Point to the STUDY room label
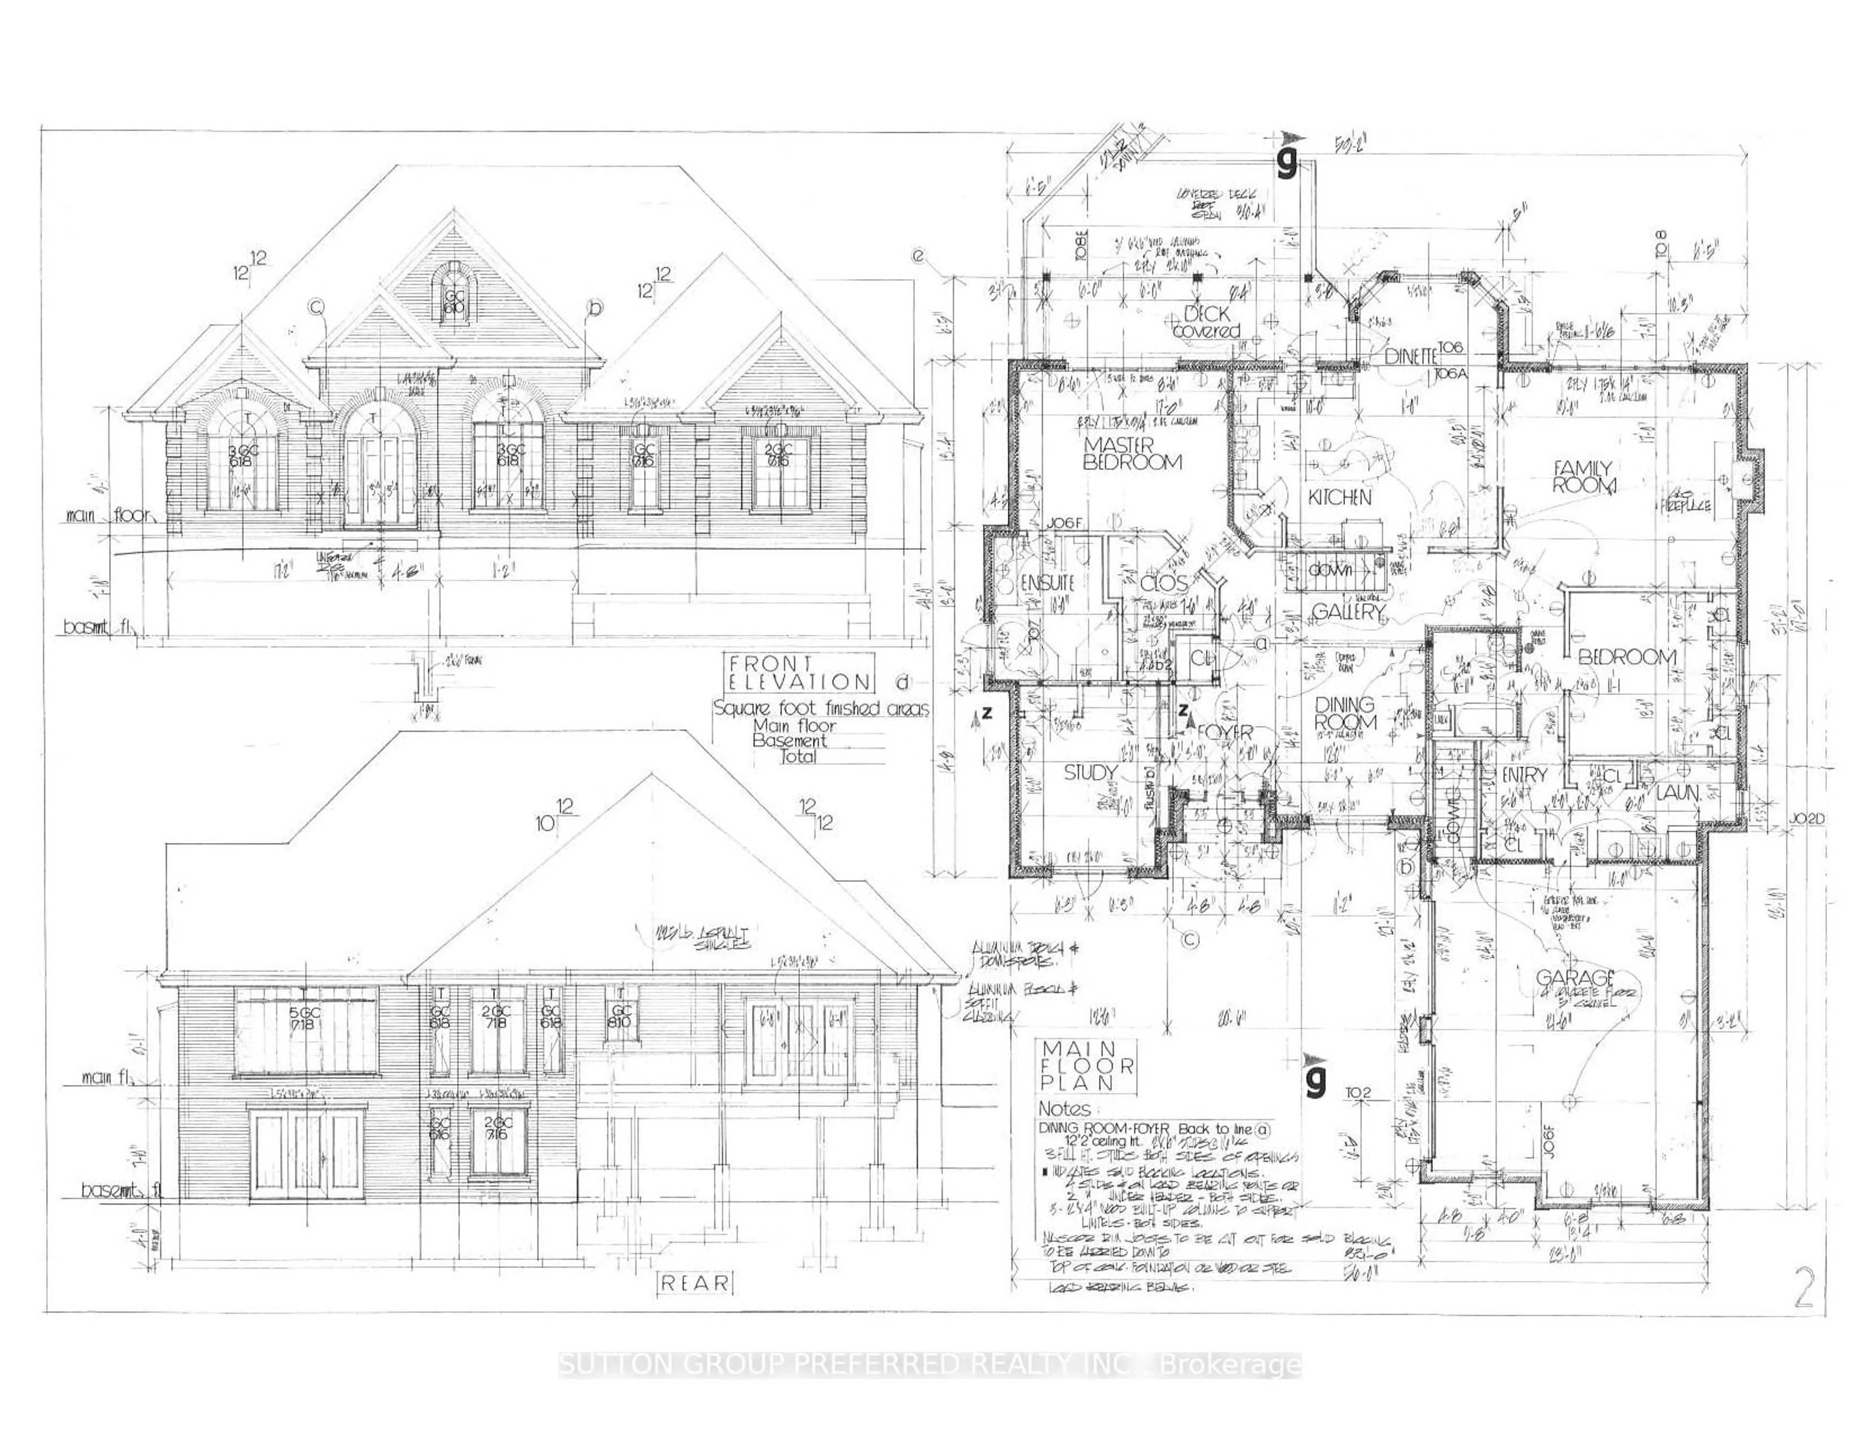click(1091, 772)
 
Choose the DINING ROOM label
click(1345, 713)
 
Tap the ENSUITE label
click(1048, 583)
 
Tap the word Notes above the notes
click(1064, 1109)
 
